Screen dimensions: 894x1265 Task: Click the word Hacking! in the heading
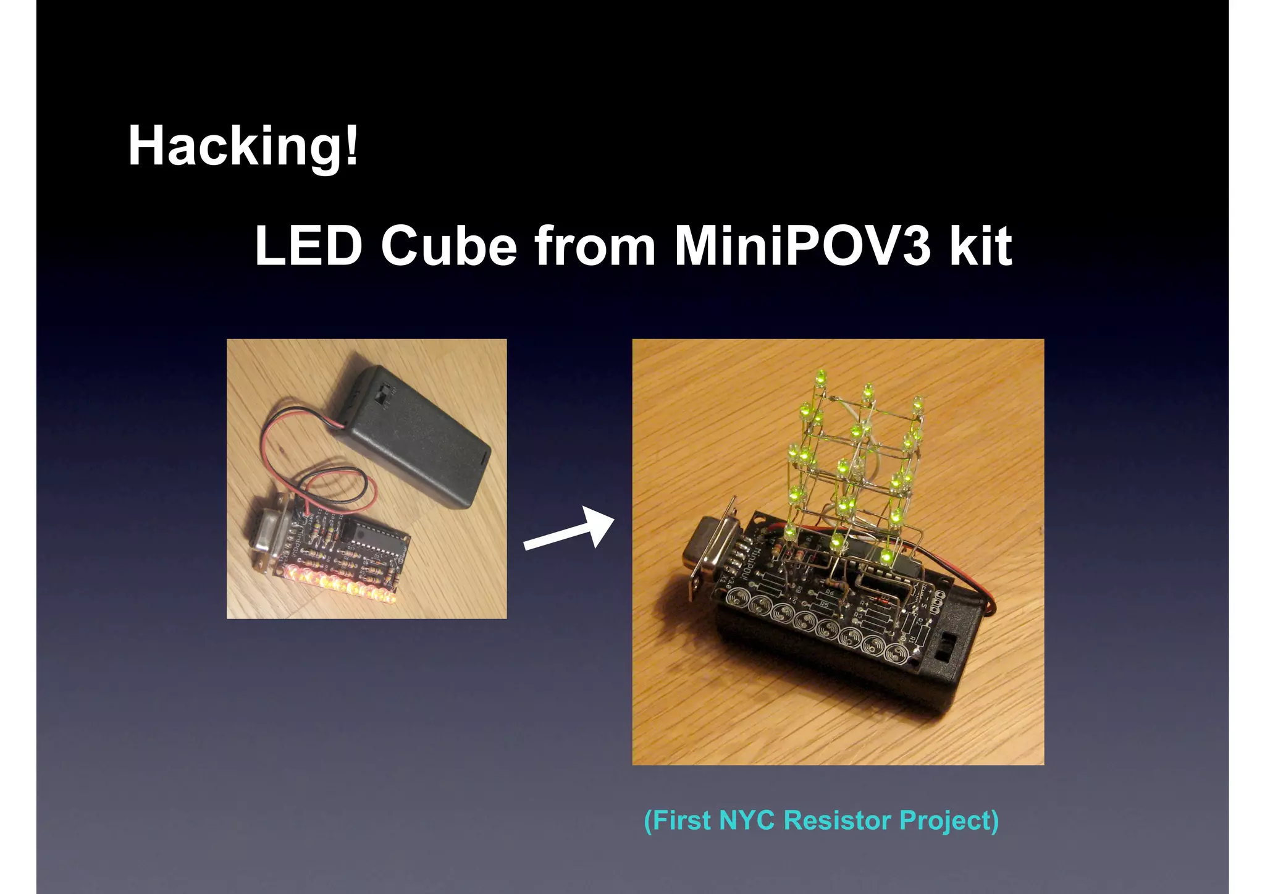(243, 147)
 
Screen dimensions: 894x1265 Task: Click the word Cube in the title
(448, 246)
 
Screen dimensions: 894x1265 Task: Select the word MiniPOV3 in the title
(802, 246)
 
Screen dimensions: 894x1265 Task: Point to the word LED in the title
(308, 246)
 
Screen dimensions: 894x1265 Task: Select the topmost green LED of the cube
(822, 376)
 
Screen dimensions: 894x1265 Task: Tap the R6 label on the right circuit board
(830, 592)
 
